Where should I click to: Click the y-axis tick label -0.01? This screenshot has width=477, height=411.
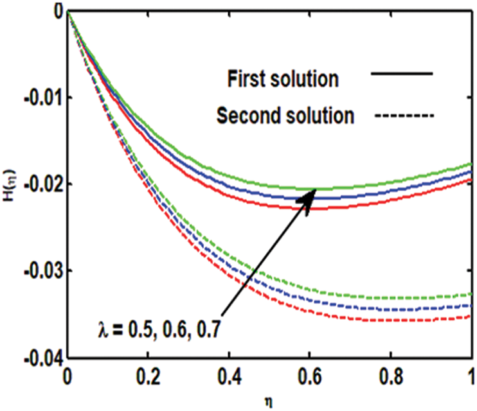coord(44,98)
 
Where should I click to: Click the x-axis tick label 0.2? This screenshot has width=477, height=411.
coord(147,374)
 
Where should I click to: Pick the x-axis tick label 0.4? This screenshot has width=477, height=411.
coord(228,374)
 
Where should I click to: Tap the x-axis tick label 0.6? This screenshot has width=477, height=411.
coord(309,374)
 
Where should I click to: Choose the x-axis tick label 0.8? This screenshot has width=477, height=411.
coord(390,374)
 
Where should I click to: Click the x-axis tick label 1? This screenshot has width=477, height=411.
coord(471,374)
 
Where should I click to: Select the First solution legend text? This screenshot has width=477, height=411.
coord(283,79)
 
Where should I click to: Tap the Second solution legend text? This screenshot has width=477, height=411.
coord(285,116)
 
